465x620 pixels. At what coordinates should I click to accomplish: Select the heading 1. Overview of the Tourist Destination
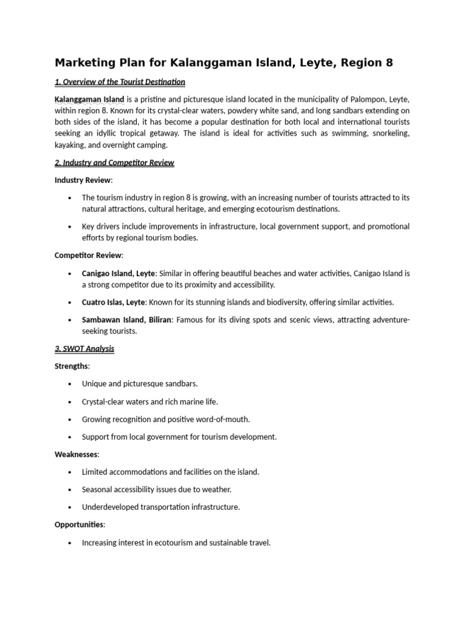pos(120,82)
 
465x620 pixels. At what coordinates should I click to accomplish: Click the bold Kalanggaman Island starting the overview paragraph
pos(90,99)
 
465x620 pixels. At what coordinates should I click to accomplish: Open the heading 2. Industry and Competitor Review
pos(114,163)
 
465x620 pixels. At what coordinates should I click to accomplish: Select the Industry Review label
pos(83,180)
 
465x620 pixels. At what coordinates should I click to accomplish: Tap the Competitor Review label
pos(88,256)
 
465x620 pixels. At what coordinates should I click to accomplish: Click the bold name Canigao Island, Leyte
pos(119,274)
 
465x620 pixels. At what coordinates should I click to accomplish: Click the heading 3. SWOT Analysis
pos(84,349)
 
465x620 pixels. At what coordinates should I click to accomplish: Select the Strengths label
pos(71,366)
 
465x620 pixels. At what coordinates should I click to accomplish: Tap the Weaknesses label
pos(76,454)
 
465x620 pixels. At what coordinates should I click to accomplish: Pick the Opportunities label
pos(79,524)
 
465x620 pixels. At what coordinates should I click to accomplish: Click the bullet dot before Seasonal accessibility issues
pos(71,490)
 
